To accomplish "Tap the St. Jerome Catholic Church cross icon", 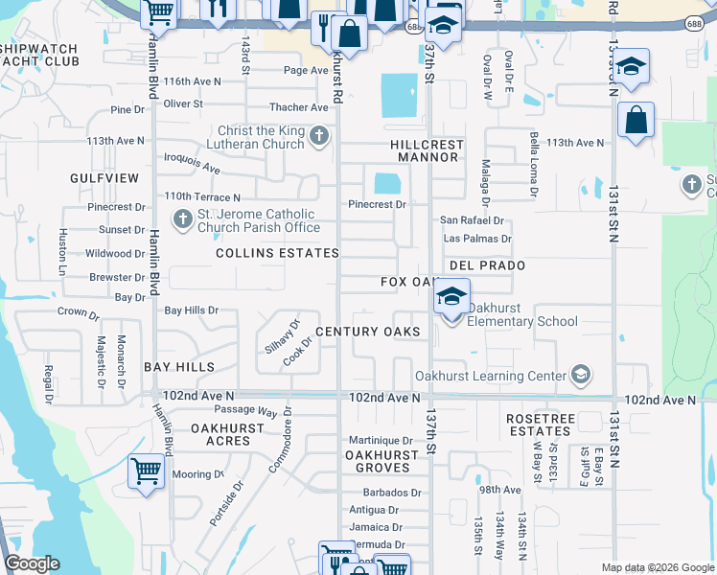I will click(x=182, y=219).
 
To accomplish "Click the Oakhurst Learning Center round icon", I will click(x=579, y=375).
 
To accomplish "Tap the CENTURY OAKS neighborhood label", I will click(x=367, y=332).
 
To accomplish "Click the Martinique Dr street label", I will click(x=381, y=440).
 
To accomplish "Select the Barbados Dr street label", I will click(x=392, y=493).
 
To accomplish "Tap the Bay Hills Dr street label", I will click(x=192, y=310).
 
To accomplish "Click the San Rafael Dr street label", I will click(x=471, y=219).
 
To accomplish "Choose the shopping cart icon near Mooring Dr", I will click(x=146, y=471).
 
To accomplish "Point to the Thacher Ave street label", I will click(x=298, y=107).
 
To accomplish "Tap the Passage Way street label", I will click(x=245, y=411).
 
